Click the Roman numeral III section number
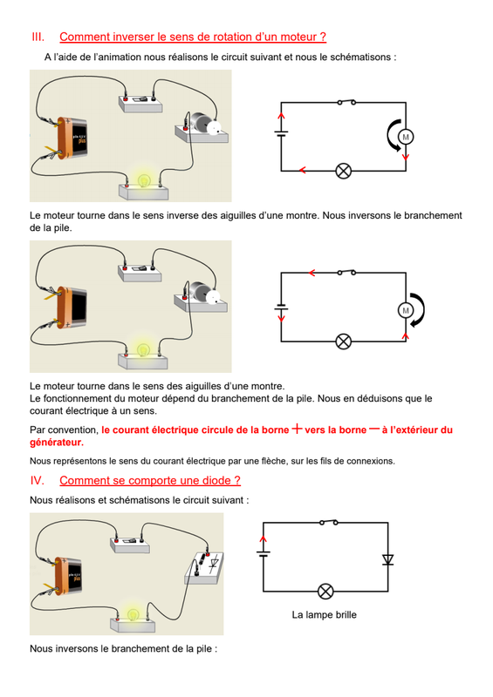pyautogui.click(x=38, y=37)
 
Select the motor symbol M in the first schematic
pyautogui.click(x=405, y=137)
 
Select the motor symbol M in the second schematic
pyautogui.click(x=405, y=310)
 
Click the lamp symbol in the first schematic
pyautogui.click(x=343, y=171)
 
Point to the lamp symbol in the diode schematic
pyautogui.click(x=325, y=592)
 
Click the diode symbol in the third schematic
pyautogui.click(x=388, y=559)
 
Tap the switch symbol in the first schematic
pyautogui.click(x=346, y=102)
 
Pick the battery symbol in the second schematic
pyautogui.click(x=281, y=308)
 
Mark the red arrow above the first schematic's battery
pyautogui.click(x=281, y=117)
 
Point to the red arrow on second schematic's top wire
pyautogui.click(x=312, y=273)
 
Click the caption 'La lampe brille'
pyautogui.click(x=325, y=615)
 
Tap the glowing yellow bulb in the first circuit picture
pyautogui.click(x=143, y=180)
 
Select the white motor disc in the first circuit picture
pyautogui.click(x=214, y=127)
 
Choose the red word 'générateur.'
pyautogui.click(x=57, y=443)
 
